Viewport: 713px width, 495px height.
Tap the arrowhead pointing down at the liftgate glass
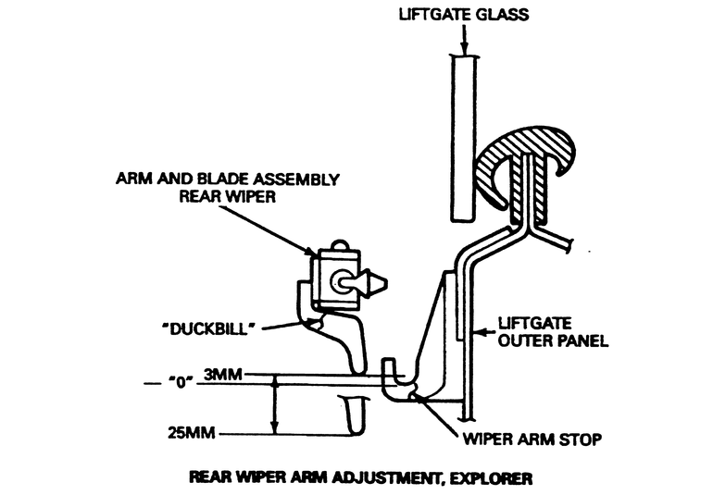(x=465, y=50)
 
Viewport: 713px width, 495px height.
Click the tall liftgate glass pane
(x=465, y=139)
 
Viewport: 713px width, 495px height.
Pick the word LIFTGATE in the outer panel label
(x=530, y=323)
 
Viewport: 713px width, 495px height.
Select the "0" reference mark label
(x=170, y=382)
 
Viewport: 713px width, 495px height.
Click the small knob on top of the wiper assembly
(x=340, y=245)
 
